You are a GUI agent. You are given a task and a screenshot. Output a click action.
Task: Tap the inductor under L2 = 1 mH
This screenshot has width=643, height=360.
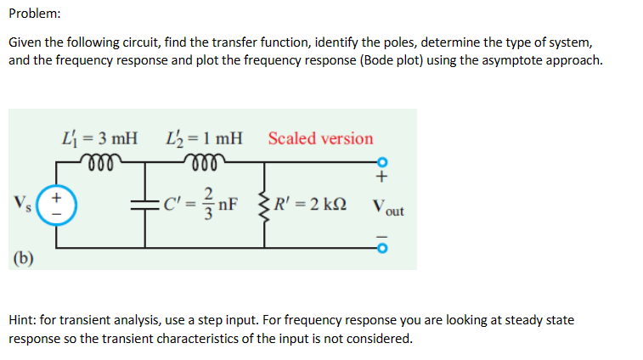pos(204,159)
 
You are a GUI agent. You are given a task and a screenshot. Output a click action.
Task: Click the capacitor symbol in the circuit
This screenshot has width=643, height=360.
pos(145,205)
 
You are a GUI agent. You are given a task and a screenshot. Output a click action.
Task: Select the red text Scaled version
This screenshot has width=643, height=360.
pos(320,138)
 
